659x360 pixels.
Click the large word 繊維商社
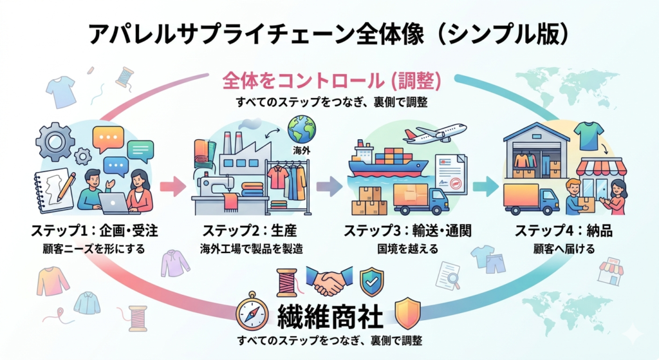click(330, 316)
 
